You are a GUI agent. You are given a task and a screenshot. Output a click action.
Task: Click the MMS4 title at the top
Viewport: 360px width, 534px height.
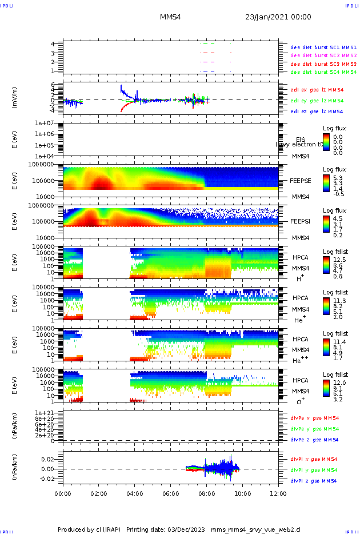coord(171,17)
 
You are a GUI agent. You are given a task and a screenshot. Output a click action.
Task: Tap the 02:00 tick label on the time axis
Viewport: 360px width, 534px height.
coord(99,492)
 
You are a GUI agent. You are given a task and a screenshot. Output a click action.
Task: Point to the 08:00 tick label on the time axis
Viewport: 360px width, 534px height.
coord(207,492)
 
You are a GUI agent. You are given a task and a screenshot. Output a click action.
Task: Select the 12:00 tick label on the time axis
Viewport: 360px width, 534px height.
coord(278,492)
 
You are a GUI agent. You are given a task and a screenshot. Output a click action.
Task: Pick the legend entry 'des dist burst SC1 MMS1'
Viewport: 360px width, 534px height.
coord(323,47)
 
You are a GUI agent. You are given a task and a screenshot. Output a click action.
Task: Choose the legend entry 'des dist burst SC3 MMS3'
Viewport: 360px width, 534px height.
coord(323,64)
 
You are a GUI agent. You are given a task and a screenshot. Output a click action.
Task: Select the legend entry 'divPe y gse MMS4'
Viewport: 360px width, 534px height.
coord(314,429)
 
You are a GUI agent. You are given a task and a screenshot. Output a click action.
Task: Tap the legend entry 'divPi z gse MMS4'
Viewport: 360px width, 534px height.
coord(313,481)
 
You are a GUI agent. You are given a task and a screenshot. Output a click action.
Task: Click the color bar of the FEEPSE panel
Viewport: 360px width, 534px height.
coord(326,181)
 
